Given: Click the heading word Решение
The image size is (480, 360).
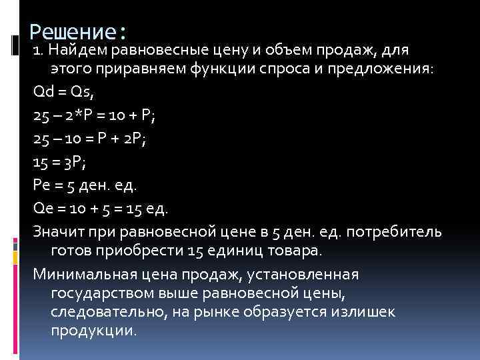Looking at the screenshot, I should pyautogui.click(x=73, y=31).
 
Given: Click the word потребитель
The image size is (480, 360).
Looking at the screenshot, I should pyautogui.click(x=400, y=231).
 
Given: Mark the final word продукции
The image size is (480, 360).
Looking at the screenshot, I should pyautogui.click(x=93, y=331).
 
